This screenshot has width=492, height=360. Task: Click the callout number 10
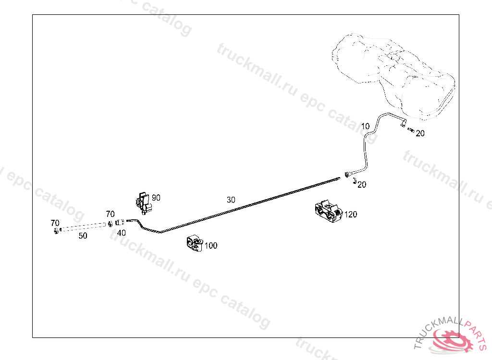pyautogui.click(x=365, y=126)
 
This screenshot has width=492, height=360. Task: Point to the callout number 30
pyautogui.click(x=231, y=200)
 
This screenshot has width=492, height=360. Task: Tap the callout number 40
pyautogui.click(x=122, y=233)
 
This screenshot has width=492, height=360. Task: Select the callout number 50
pyautogui.click(x=83, y=236)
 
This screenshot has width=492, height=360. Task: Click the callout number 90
pyautogui.click(x=156, y=198)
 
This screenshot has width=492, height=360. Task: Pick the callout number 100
pyautogui.click(x=211, y=246)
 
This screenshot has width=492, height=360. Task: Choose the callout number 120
pyautogui.click(x=351, y=215)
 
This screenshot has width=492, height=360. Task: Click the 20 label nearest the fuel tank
pyautogui.click(x=420, y=133)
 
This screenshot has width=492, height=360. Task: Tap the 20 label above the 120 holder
pyautogui.click(x=362, y=185)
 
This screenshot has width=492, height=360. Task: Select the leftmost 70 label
pyautogui.click(x=55, y=223)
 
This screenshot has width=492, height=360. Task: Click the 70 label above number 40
pyautogui.click(x=110, y=214)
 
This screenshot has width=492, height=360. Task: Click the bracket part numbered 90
pyautogui.click(x=143, y=203)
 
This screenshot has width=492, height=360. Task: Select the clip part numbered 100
pyautogui.click(x=195, y=243)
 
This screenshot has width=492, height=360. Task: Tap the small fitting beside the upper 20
pyautogui.click(x=411, y=129)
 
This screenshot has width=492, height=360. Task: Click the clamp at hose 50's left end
pyautogui.click(x=57, y=231)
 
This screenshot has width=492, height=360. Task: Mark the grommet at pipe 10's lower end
pyautogui.click(x=346, y=173)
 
